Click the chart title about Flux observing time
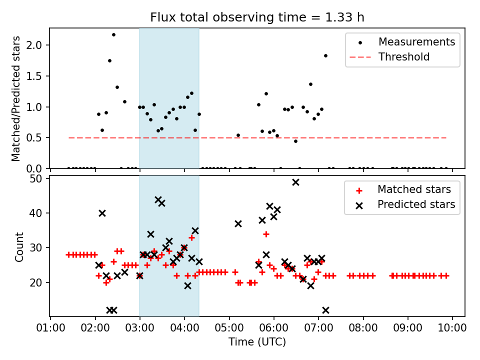[257, 17]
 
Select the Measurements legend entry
[416, 41]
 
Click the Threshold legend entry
[404, 57]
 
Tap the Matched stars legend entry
[414, 189]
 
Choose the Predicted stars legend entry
[416, 204]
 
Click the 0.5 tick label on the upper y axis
[37, 137]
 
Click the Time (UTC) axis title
[257, 342]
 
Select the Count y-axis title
[19, 246]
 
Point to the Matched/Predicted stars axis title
[16, 98]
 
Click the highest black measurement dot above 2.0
[113, 34]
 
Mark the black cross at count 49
[295, 182]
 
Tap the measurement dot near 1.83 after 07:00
[325, 55]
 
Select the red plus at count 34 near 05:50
[266, 234]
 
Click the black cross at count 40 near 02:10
[102, 213]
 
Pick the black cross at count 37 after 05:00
[238, 223]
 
